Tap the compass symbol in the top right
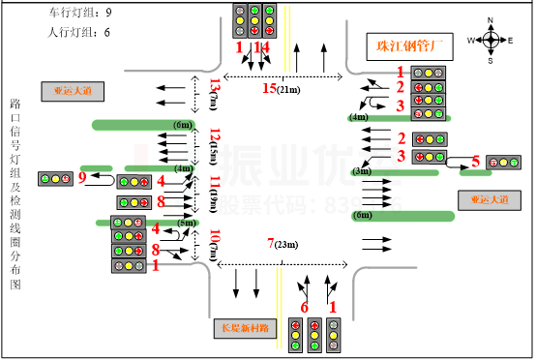[491, 40]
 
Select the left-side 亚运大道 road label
[73, 92]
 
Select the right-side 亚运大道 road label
[489, 200]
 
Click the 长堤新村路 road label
[245, 328]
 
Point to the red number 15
[270, 89]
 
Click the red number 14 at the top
[261, 47]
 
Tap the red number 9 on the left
[82, 177]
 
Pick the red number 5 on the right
[475, 162]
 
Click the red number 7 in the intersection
[271, 243]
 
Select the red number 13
[215, 85]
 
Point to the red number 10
[215, 235]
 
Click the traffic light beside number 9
[55, 179]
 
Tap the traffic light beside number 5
[503, 163]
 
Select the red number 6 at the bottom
[305, 308]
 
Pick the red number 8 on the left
[156, 250]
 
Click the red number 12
[215, 135]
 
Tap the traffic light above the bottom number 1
[333, 335]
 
